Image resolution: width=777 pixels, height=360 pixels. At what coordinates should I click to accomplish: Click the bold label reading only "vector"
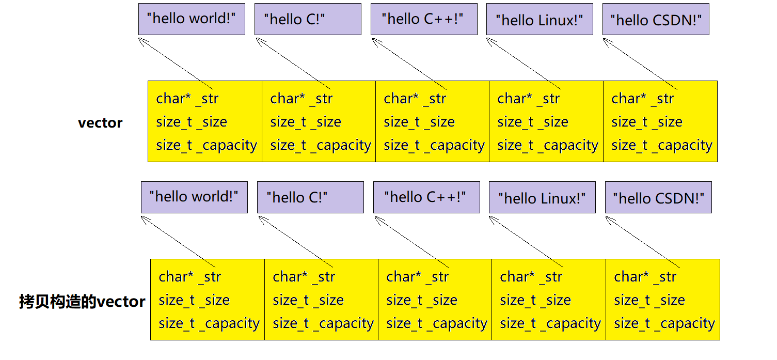[100, 123]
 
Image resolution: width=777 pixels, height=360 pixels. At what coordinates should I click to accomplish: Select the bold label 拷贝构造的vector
[82, 301]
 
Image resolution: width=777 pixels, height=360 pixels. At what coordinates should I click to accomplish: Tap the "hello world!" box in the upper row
[192, 19]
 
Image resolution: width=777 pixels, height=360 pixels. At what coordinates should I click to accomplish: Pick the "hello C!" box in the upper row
[308, 20]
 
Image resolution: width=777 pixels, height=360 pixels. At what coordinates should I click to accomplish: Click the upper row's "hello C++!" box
[424, 19]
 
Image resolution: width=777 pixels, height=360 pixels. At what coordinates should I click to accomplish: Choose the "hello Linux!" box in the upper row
[540, 20]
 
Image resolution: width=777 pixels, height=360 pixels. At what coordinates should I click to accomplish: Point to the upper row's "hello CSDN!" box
[656, 20]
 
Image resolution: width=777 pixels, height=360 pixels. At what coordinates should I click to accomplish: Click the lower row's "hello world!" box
[194, 197]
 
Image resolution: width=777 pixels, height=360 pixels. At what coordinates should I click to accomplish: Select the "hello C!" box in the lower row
[310, 197]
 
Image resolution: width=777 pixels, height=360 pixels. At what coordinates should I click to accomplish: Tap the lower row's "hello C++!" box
[426, 197]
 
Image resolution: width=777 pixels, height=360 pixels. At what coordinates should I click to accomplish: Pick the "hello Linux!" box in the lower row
[542, 197]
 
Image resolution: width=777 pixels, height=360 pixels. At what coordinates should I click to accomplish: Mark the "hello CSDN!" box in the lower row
[658, 197]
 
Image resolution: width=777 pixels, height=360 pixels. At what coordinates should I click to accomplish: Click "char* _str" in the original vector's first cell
[187, 99]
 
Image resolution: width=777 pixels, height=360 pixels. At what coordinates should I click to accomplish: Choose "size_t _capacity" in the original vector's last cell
[662, 146]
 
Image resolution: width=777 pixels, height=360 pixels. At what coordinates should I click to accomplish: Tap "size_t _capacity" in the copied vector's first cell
[209, 324]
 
